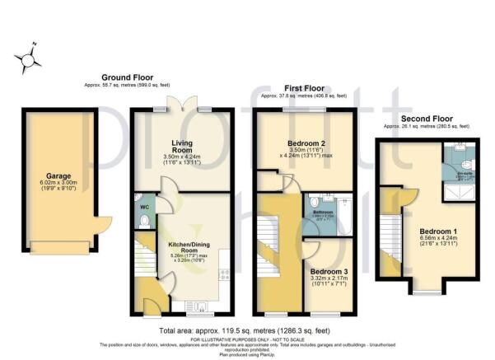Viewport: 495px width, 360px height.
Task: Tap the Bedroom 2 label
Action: tap(305, 142)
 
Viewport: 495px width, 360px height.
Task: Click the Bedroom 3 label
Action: tap(330, 270)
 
